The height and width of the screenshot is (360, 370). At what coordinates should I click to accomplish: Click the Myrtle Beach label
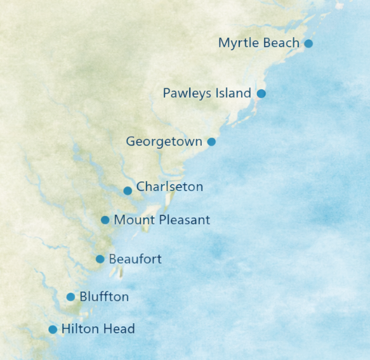(258, 43)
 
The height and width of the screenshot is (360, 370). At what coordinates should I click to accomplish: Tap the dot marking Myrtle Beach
(308, 43)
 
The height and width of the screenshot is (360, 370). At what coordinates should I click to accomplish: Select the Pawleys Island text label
(207, 93)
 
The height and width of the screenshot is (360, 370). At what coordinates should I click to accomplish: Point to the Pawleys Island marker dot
(261, 93)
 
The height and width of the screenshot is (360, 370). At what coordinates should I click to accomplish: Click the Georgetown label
(164, 142)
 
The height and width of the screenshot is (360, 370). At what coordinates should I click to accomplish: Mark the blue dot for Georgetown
(211, 142)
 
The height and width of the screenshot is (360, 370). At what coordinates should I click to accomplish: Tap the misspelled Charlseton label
(169, 187)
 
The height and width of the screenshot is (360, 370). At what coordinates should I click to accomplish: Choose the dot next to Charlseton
(128, 190)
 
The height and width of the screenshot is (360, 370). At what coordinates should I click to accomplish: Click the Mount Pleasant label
(161, 220)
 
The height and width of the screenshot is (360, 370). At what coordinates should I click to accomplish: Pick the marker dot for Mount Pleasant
(105, 220)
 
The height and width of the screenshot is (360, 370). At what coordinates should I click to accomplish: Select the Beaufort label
(135, 259)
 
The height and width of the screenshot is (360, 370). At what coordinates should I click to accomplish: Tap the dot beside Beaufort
(100, 259)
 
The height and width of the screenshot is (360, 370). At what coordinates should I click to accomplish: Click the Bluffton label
(104, 297)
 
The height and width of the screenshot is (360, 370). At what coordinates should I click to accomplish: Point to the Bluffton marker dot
(70, 297)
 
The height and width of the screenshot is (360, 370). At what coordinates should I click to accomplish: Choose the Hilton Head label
(98, 330)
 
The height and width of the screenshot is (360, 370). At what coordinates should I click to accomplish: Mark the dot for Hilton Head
(53, 330)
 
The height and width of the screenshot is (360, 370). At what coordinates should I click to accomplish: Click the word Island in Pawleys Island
(234, 93)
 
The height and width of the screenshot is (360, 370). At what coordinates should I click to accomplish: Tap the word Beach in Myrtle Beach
(282, 43)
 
